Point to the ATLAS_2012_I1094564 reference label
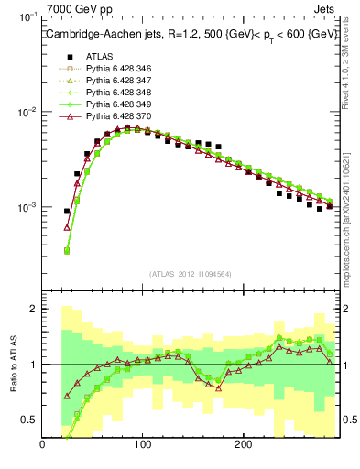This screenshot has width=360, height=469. click(190, 273)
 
